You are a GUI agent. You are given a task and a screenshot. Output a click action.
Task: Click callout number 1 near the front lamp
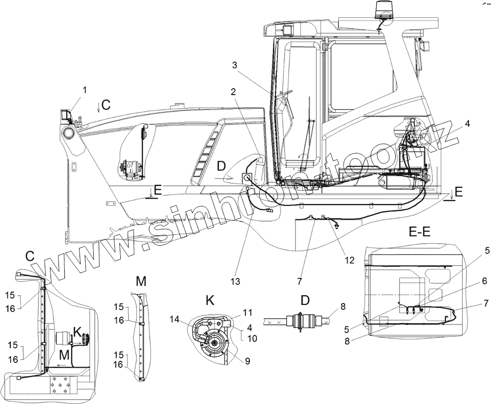coord(84,90)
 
